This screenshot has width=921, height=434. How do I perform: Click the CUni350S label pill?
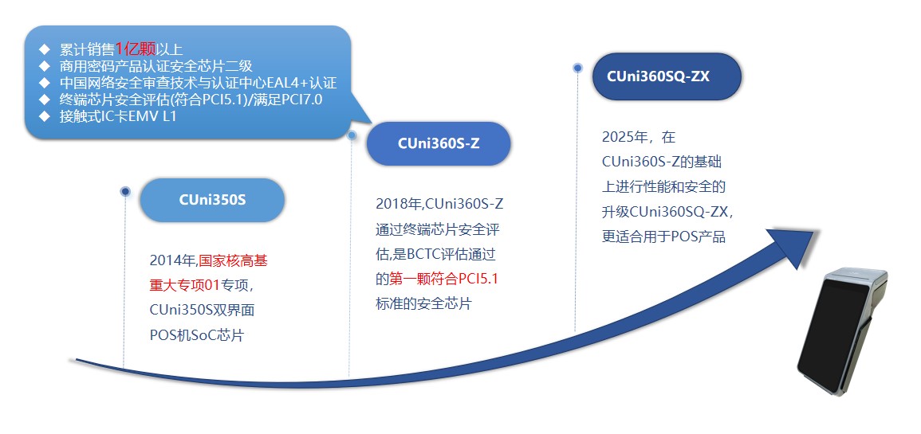tap(212, 200)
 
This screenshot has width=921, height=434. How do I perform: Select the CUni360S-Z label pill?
tap(439, 144)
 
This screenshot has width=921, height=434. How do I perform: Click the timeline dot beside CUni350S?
tap(125, 191)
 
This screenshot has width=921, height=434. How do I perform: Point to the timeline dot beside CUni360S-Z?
tap(352, 135)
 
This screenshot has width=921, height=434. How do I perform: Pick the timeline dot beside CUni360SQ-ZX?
tap(577, 68)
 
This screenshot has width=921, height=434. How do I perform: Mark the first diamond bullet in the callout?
tap(45, 49)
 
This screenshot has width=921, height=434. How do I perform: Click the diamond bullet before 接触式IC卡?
tap(45, 116)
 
